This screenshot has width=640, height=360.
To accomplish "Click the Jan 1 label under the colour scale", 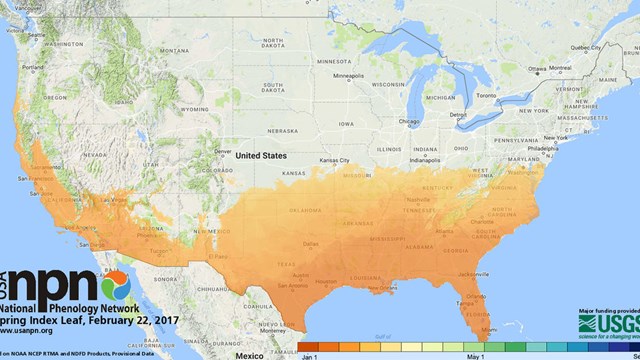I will pos(309,355).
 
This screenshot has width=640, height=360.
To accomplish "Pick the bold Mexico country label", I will pos(243,354).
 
